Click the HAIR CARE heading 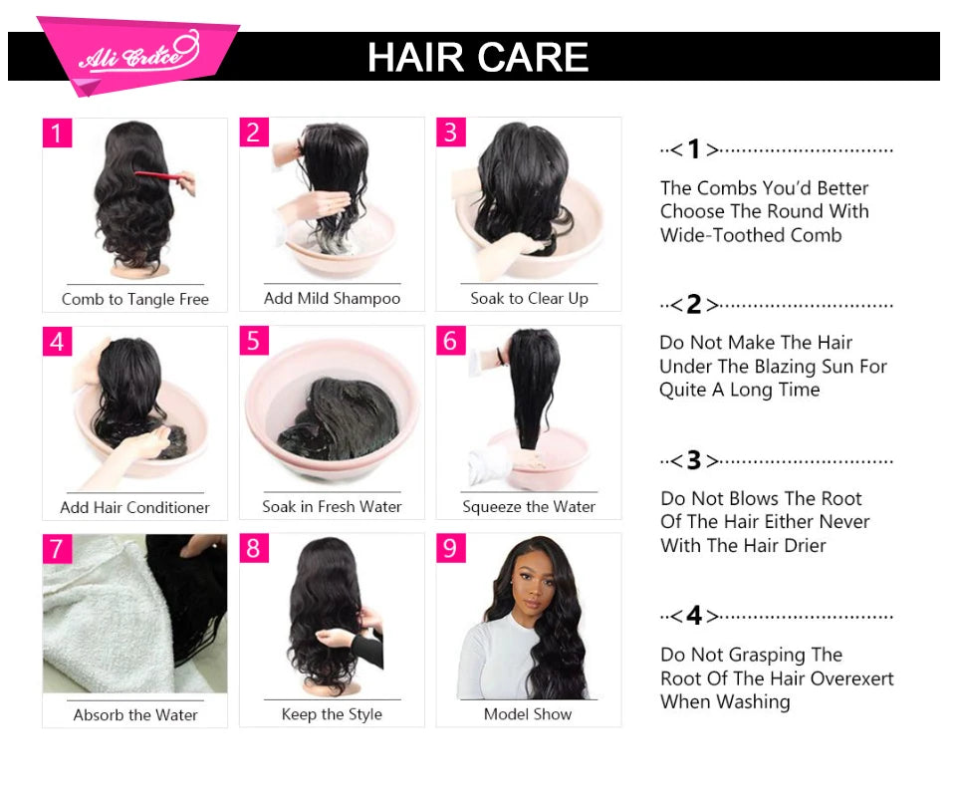click(x=478, y=57)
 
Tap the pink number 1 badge click(x=58, y=133)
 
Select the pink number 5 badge click(x=254, y=341)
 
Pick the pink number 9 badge click(x=451, y=548)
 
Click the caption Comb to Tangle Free click(x=135, y=299)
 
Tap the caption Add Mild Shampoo click(x=332, y=298)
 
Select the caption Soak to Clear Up click(x=529, y=298)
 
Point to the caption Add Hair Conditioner click(x=134, y=507)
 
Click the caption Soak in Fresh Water click(x=332, y=506)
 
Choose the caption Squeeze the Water click(x=529, y=506)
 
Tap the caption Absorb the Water click(x=135, y=714)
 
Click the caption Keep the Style click(x=332, y=713)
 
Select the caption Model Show click(x=528, y=713)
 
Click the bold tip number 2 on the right click(x=694, y=305)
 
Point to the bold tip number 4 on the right click(x=694, y=616)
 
